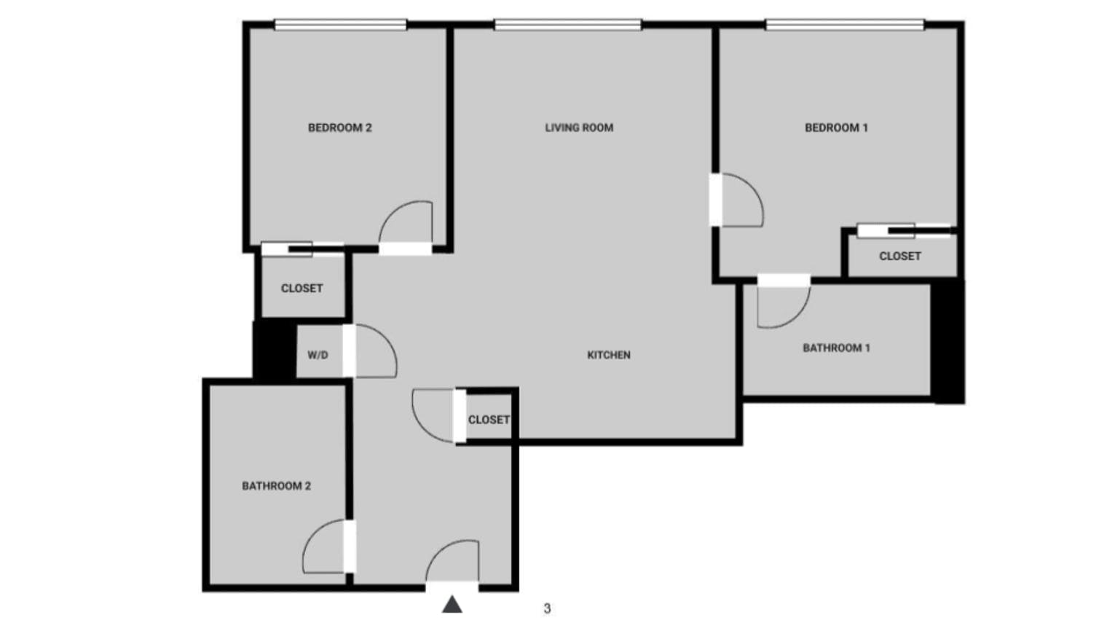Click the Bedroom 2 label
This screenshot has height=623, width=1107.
[339, 128]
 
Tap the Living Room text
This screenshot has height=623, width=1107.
[579, 128]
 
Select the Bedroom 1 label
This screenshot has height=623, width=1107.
[836, 128]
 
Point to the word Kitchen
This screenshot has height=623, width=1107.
[609, 355]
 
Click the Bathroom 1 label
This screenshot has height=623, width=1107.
[836, 348]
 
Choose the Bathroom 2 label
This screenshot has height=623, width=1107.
[276, 486]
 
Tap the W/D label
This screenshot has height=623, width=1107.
[318, 355]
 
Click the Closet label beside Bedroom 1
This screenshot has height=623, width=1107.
[899, 256]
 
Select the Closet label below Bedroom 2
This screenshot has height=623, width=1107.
[302, 288]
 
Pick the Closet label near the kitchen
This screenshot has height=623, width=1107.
[489, 420]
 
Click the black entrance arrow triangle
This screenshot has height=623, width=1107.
[452, 604]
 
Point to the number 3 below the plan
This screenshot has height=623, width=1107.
[547, 608]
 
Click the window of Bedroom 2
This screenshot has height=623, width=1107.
[340, 26]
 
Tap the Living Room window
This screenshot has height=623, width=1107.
[568, 26]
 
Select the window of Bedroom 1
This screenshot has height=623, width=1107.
[845, 26]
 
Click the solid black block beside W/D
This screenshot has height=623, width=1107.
[274, 350]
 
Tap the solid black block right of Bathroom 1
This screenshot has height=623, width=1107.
[948, 341]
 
